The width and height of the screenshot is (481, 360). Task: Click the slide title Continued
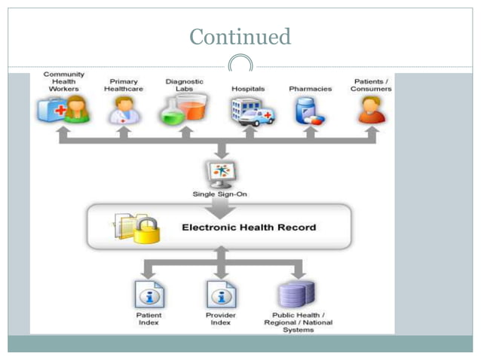(x=240, y=36)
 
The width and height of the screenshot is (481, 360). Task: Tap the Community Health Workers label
(x=63, y=81)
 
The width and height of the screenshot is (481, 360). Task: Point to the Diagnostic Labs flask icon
(x=183, y=110)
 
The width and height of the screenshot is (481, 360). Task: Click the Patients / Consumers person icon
(x=371, y=110)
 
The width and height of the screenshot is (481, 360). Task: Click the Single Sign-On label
(x=220, y=194)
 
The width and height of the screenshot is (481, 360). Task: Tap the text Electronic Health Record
(x=249, y=227)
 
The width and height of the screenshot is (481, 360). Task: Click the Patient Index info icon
(x=149, y=294)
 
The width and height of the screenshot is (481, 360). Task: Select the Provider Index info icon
(x=220, y=294)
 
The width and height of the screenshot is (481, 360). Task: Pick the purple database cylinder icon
(x=297, y=293)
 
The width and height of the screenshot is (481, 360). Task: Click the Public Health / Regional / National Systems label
(x=298, y=322)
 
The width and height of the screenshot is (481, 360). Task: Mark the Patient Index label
(x=149, y=319)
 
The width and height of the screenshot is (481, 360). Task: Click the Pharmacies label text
(x=310, y=89)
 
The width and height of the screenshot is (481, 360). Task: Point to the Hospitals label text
(x=248, y=89)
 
